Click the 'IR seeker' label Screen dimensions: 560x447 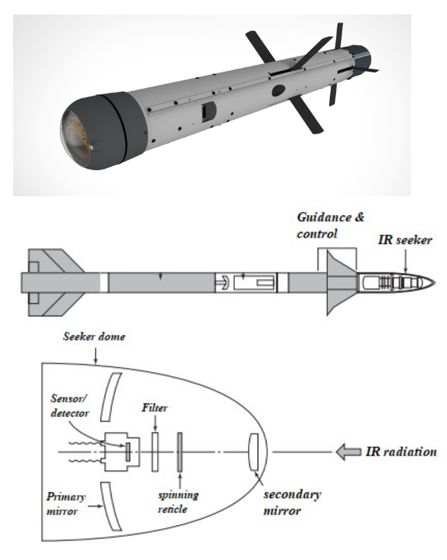coord(406,240)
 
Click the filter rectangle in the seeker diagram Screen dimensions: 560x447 coord(156,451)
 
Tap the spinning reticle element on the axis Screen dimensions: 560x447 coord(180,451)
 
